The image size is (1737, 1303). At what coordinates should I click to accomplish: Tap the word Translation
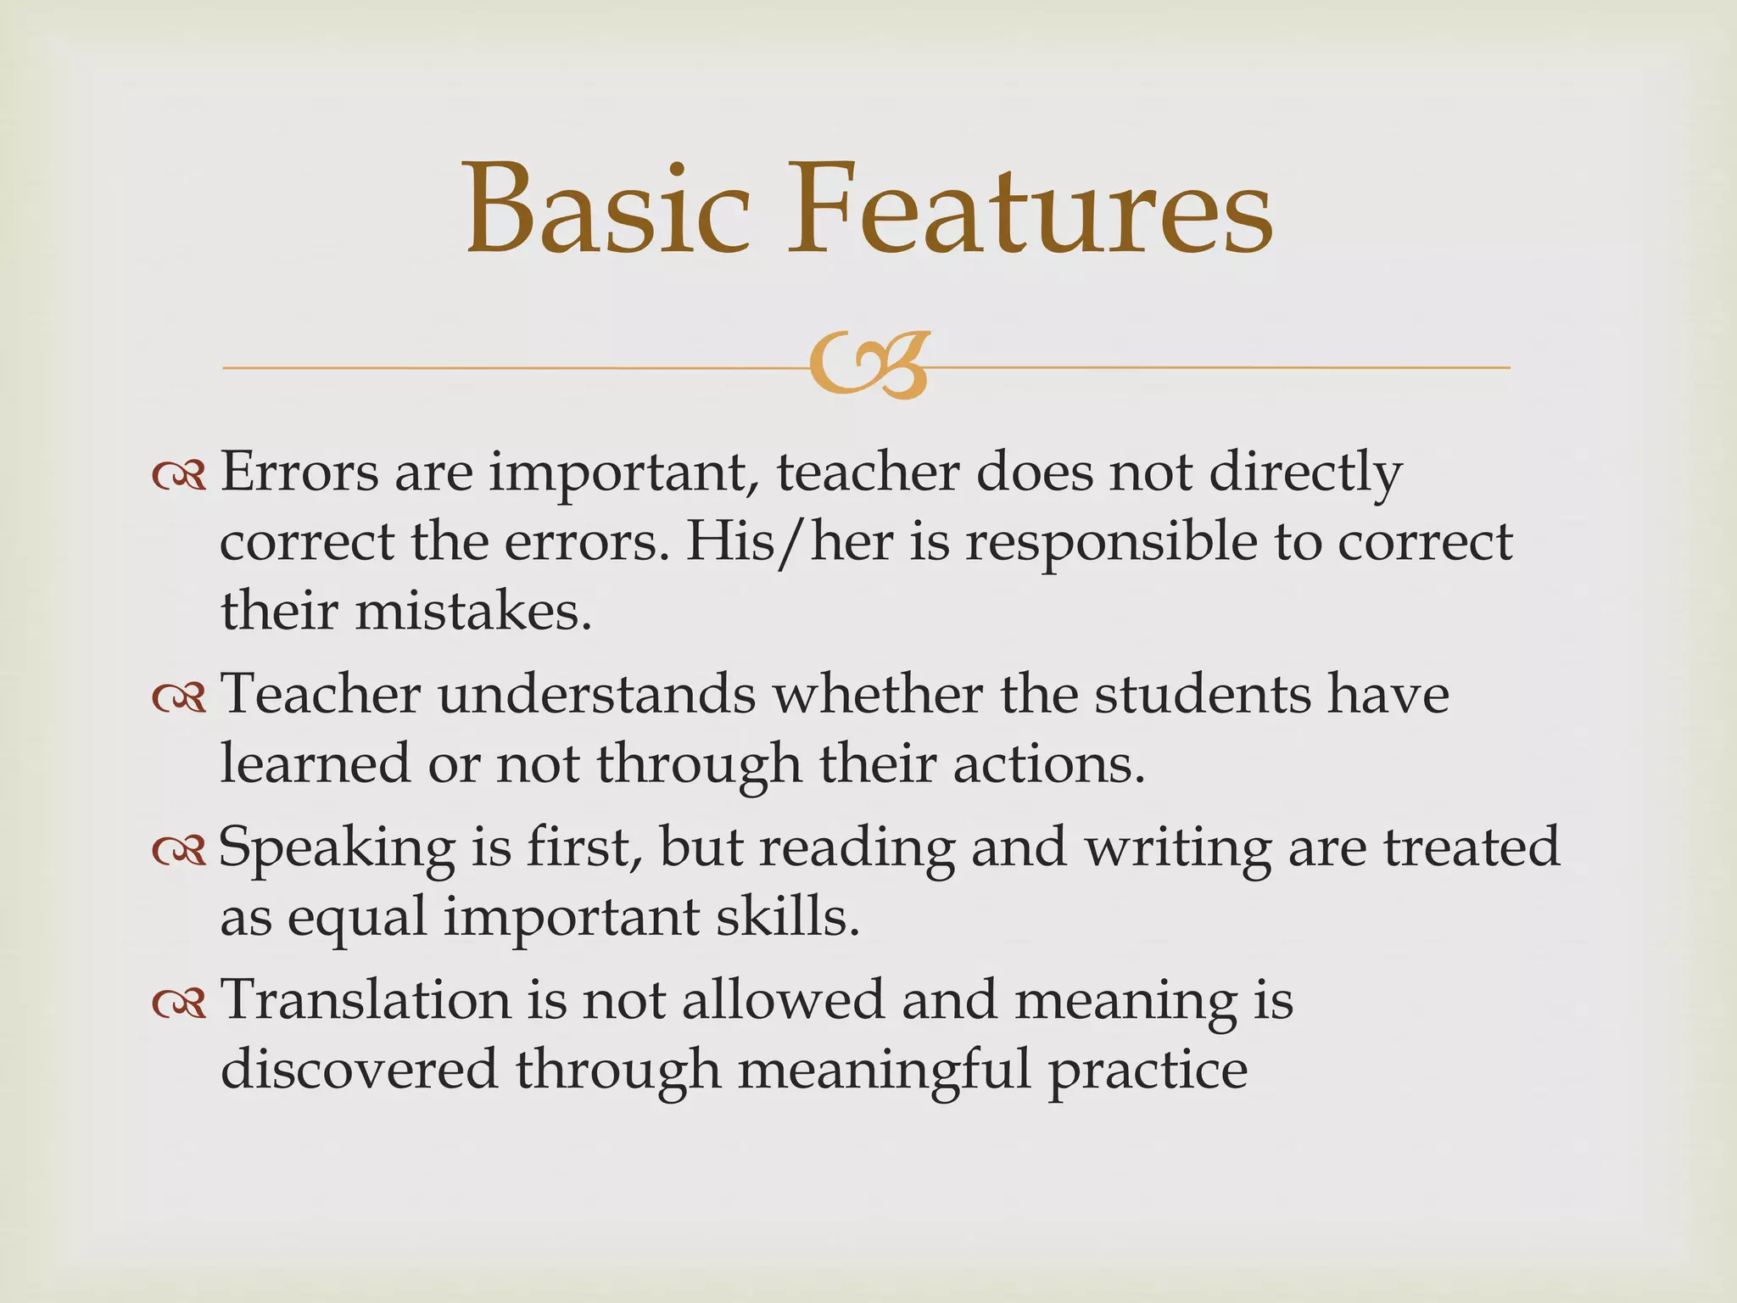[366, 1000]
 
